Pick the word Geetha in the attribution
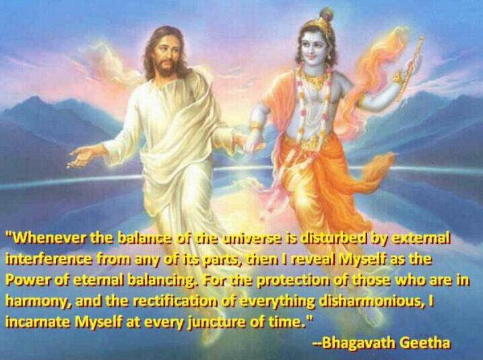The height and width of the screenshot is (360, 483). point(426,342)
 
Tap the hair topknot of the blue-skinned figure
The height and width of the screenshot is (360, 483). point(327,14)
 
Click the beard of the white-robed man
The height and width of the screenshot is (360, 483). point(166,68)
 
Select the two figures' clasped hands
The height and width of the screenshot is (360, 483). point(251,142)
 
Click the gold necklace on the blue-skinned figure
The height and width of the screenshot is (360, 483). point(314,80)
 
